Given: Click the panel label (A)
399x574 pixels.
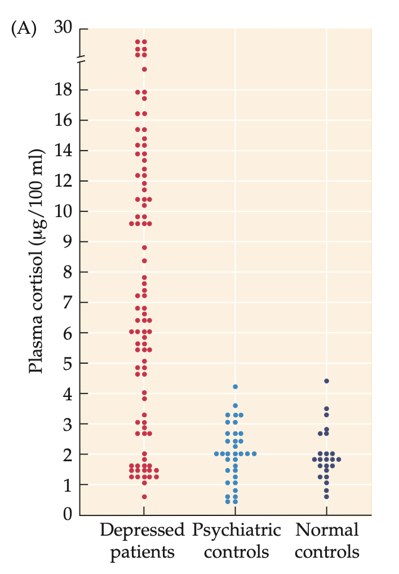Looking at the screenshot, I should [x=23, y=29].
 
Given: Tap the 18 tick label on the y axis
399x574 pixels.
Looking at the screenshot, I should [x=64, y=90].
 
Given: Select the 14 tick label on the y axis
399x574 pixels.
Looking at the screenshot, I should [x=64, y=151].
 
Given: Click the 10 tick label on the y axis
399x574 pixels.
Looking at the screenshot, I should [x=64, y=211].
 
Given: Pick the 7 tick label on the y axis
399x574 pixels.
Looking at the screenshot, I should [x=68, y=302].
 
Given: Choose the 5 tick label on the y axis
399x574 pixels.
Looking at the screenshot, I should [x=68, y=363].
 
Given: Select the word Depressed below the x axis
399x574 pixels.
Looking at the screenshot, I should [x=142, y=531].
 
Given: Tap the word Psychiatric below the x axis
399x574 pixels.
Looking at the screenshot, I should [x=236, y=531].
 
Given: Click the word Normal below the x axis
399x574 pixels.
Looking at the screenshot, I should [x=327, y=531].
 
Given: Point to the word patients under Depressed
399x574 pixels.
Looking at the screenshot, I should [x=142, y=551].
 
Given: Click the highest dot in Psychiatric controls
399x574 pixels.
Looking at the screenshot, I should [x=235, y=387].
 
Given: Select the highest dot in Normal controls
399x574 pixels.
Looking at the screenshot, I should [x=326, y=381].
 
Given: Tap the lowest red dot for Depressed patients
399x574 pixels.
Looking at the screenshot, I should [x=144, y=497].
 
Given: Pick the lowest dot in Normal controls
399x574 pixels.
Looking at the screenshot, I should [x=326, y=497].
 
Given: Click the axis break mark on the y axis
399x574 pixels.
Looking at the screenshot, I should [x=80, y=59].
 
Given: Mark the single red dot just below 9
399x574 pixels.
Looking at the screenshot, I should [x=144, y=248].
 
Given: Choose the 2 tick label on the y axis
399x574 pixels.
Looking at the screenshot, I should [x=68, y=454].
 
